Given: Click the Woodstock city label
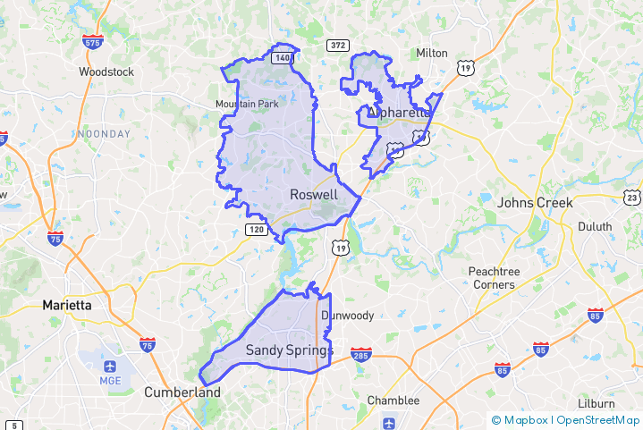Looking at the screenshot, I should coord(106,72).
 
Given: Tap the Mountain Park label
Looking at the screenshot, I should coord(247,105).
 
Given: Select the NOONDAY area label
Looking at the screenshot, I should coord(104,134).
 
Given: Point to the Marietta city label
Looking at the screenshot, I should coord(67,305).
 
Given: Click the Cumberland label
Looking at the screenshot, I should coord(182,392).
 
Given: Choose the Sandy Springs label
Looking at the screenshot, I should coord(289,350).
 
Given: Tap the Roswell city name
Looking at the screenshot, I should coord(314,195).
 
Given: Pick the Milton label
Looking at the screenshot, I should coord(432,54).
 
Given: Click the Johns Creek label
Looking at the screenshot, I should coord(535,203).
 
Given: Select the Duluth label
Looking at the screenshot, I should coord(595,227).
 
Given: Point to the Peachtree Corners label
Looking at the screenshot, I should coord(492,278).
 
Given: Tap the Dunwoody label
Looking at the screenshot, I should coord(348,316).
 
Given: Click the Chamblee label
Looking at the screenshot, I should coord(393,400).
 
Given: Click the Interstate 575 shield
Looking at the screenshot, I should coord(93,42).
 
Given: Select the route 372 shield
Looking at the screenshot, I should coord(336,46).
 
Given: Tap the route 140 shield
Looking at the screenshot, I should coord(283,58).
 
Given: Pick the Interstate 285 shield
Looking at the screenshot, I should coord(360,356).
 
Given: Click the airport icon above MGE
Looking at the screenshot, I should coord(110,367).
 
